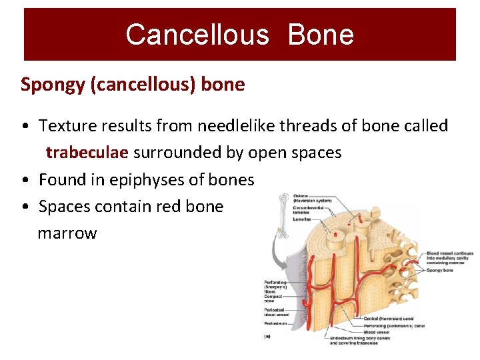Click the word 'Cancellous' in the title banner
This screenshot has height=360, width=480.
pyautogui.click(x=197, y=35)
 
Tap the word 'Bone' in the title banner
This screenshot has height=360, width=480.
pyautogui.click(x=321, y=35)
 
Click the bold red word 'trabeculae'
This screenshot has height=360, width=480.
pyautogui.click(x=87, y=153)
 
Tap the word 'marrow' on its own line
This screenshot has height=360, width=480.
pyautogui.click(x=67, y=233)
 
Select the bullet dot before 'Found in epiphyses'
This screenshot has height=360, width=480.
pyautogui.click(x=24, y=181)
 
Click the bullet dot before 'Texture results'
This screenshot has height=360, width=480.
pyautogui.click(x=24, y=126)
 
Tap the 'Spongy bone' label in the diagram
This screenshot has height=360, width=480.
pyautogui.click(x=439, y=270)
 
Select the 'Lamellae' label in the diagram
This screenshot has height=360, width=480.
pyautogui.click(x=302, y=219)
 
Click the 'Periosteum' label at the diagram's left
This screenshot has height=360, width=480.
pyautogui.click(x=276, y=323)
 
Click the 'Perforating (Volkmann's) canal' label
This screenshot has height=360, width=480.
pyautogui.click(x=393, y=326)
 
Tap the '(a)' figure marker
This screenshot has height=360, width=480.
pyautogui.click(x=268, y=337)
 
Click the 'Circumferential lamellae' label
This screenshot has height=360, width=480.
pyautogui.click(x=308, y=210)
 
